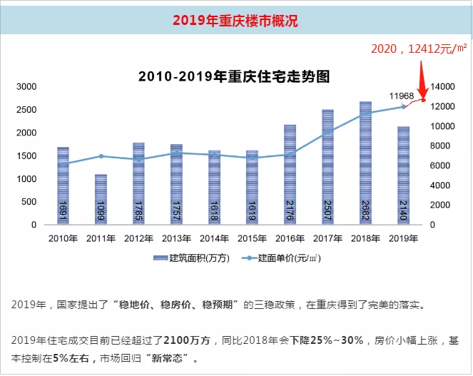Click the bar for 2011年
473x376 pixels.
(101, 200)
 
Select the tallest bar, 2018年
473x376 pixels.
(365, 163)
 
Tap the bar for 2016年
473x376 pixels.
(290, 175)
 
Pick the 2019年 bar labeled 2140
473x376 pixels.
(403, 176)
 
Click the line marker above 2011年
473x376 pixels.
(101, 156)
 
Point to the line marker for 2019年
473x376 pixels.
(403, 106)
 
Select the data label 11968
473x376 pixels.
(402, 96)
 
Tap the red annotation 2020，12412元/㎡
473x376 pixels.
(419, 49)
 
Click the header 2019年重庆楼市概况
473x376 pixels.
(235, 21)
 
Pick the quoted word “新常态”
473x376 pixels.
(170, 357)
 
